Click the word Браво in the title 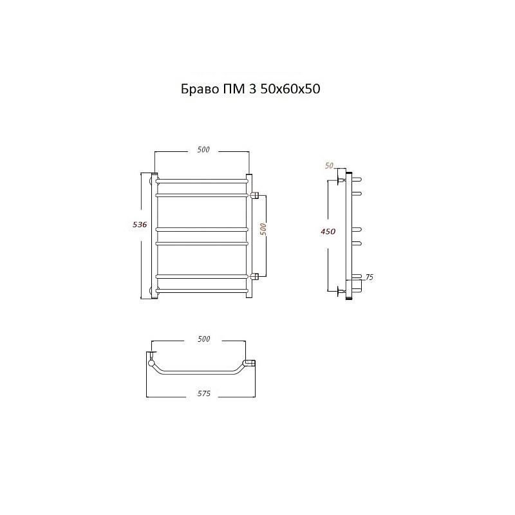(200, 89)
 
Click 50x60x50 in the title (290, 89)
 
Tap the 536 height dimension (140, 225)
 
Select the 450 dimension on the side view (328, 232)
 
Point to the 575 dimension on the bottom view (203, 393)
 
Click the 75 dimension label (369, 277)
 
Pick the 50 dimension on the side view (329, 166)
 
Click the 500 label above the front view (203, 149)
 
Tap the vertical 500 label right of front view (263, 229)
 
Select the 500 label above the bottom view (203, 339)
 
